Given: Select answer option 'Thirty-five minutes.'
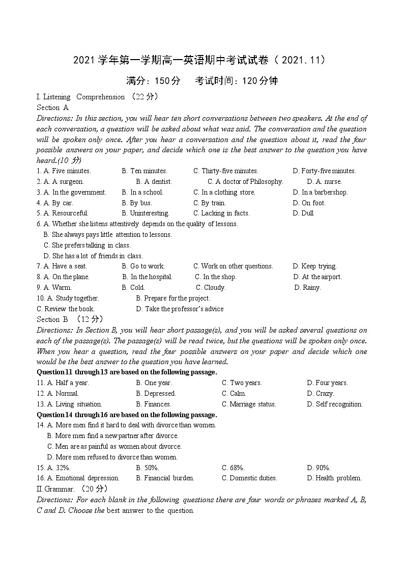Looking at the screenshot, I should point(229,171).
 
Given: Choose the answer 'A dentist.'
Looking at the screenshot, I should point(158,182).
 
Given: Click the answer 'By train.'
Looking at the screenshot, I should point(213,203).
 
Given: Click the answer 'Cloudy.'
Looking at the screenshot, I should point(214,288).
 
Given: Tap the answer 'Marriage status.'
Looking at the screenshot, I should point(252,404).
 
